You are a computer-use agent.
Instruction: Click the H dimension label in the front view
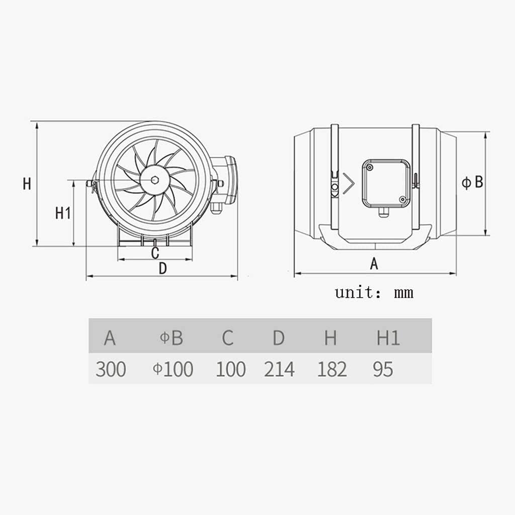pyautogui.click(x=27, y=184)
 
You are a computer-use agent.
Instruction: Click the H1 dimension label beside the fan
pyautogui.click(x=62, y=213)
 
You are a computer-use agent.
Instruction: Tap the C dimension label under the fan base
pyautogui.click(x=155, y=252)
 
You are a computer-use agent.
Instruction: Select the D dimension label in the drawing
pyautogui.click(x=162, y=269)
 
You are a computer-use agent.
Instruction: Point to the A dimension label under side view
pyautogui.click(x=374, y=264)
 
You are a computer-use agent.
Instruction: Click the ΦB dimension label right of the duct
pyautogui.click(x=472, y=182)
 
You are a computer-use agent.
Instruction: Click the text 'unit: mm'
pyautogui.click(x=374, y=292)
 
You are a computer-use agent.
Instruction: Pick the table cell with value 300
pyautogui.click(x=110, y=369)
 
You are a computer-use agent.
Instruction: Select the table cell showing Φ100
pyautogui.click(x=173, y=369)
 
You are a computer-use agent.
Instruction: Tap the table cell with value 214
pyautogui.click(x=279, y=369)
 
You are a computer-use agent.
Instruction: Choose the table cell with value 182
pyautogui.click(x=332, y=369)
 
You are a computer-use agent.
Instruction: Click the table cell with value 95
pyautogui.click(x=383, y=369)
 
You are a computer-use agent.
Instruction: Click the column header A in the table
pyautogui.click(x=110, y=338)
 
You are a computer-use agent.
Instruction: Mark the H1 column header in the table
pyautogui.click(x=388, y=338)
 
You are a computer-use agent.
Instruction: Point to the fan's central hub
pyautogui.click(x=154, y=180)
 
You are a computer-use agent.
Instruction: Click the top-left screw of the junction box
pyautogui.click(x=369, y=166)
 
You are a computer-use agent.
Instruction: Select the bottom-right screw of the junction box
pyautogui.click(x=402, y=200)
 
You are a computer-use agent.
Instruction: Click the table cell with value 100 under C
pyautogui.click(x=231, y=369)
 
